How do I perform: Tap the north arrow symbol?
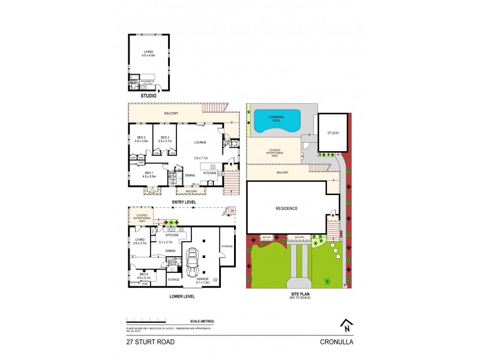pyautogui.click(x=346, y=326)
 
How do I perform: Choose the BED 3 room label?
pyautogui.click(x=164, y=139)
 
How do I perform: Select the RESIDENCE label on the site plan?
pyautogui.click(x=286, y=209)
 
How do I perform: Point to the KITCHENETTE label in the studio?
pyautogui.click(x=147, y=83)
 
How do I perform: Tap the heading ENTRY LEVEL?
pyautogui.click(x=184, y=202)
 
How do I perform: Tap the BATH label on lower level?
pyautogui.click(x=171, y=262)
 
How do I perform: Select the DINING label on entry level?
pyautogui.click(x=190, y=175)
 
